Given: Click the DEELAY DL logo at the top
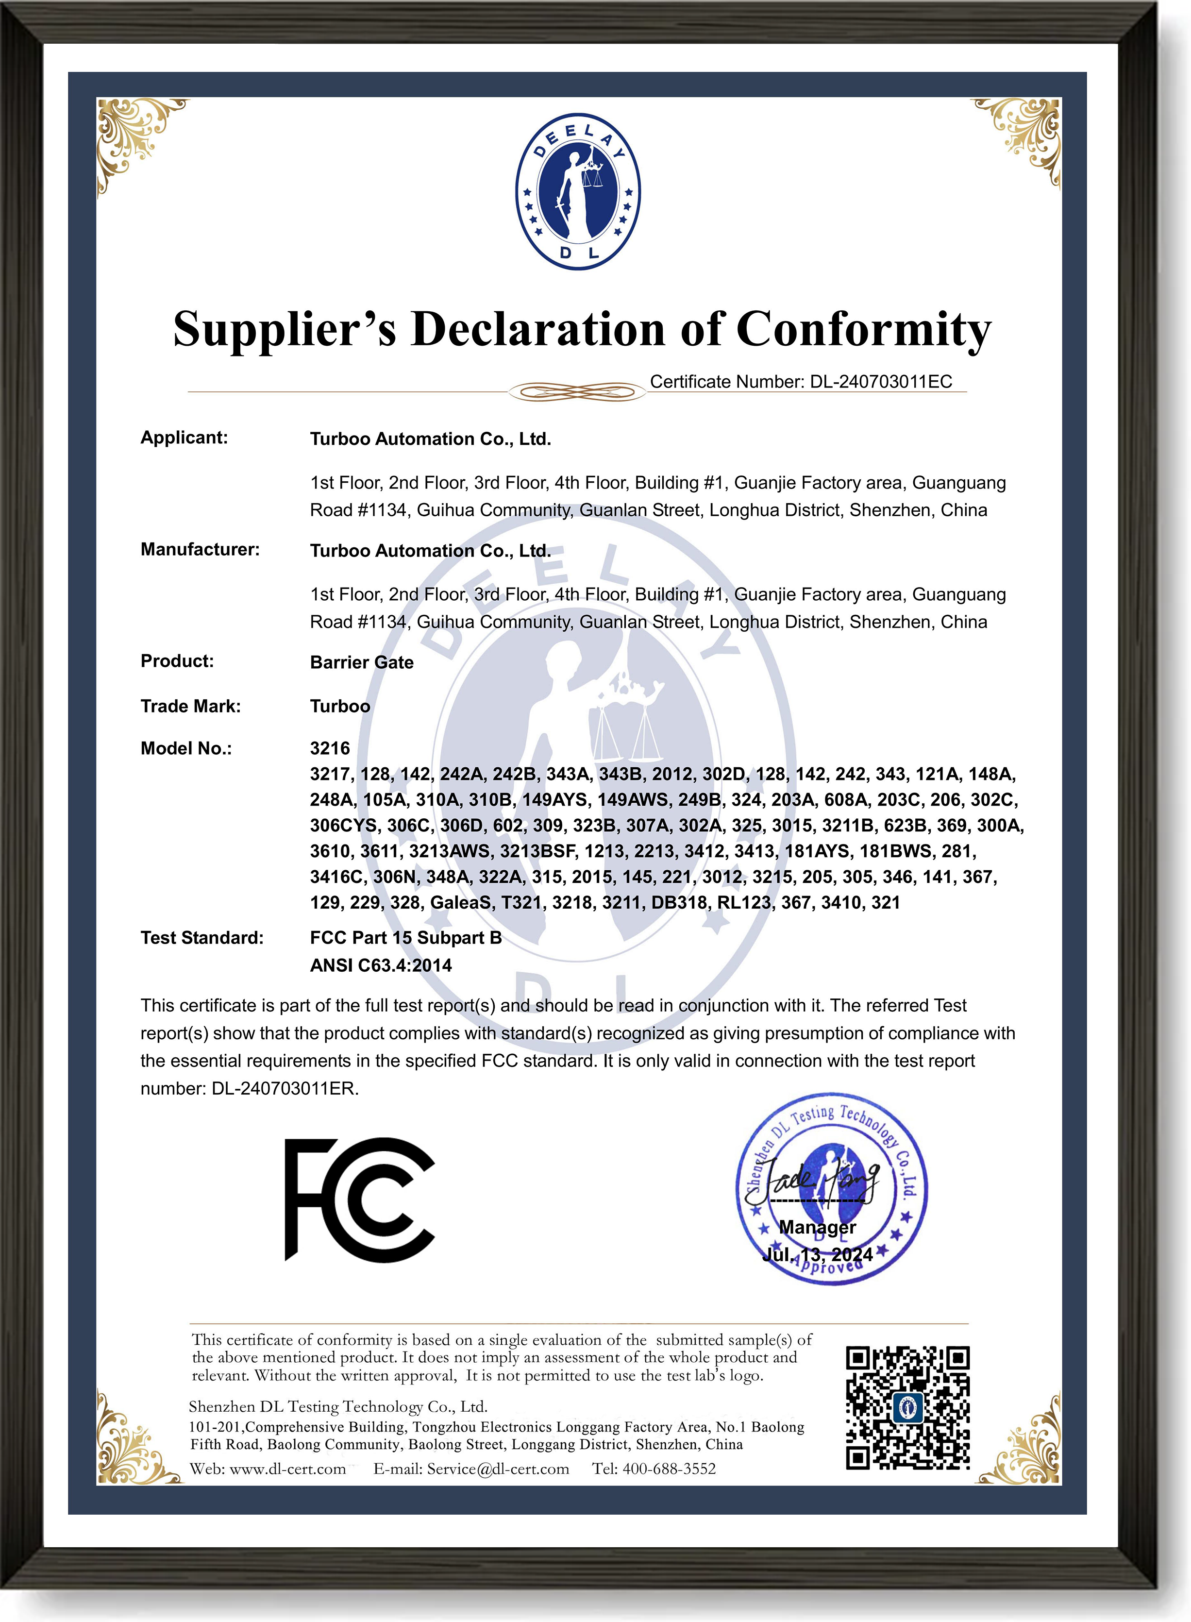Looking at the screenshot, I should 577,191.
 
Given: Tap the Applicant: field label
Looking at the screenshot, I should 184,438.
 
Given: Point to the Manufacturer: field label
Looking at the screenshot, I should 200,549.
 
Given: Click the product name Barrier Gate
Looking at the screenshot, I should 361,662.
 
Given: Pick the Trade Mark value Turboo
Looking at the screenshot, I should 339,707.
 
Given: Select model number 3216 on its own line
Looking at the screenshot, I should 330,748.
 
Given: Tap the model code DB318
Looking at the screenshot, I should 678,903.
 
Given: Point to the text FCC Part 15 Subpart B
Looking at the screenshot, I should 405,938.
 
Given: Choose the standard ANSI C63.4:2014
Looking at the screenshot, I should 381,965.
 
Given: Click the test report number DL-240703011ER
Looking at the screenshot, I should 285,1089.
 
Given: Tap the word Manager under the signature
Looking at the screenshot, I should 818,1228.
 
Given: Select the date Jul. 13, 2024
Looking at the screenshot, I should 818,1255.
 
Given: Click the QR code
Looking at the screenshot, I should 907,1408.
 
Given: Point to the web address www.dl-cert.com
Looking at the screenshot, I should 287,1469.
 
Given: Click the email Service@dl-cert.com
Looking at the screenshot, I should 498,1469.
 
